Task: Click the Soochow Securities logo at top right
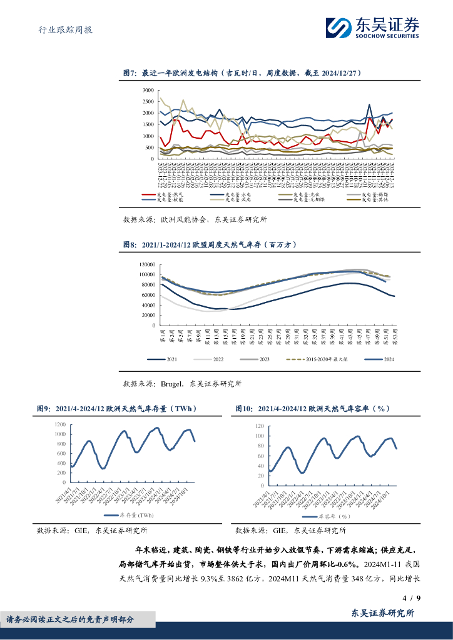coord(372,27)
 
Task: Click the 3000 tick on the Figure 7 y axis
coord(148,91)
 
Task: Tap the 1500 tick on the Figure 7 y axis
coord(148,124)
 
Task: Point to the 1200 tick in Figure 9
coord(59,423)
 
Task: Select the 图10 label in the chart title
coord(244,409)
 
